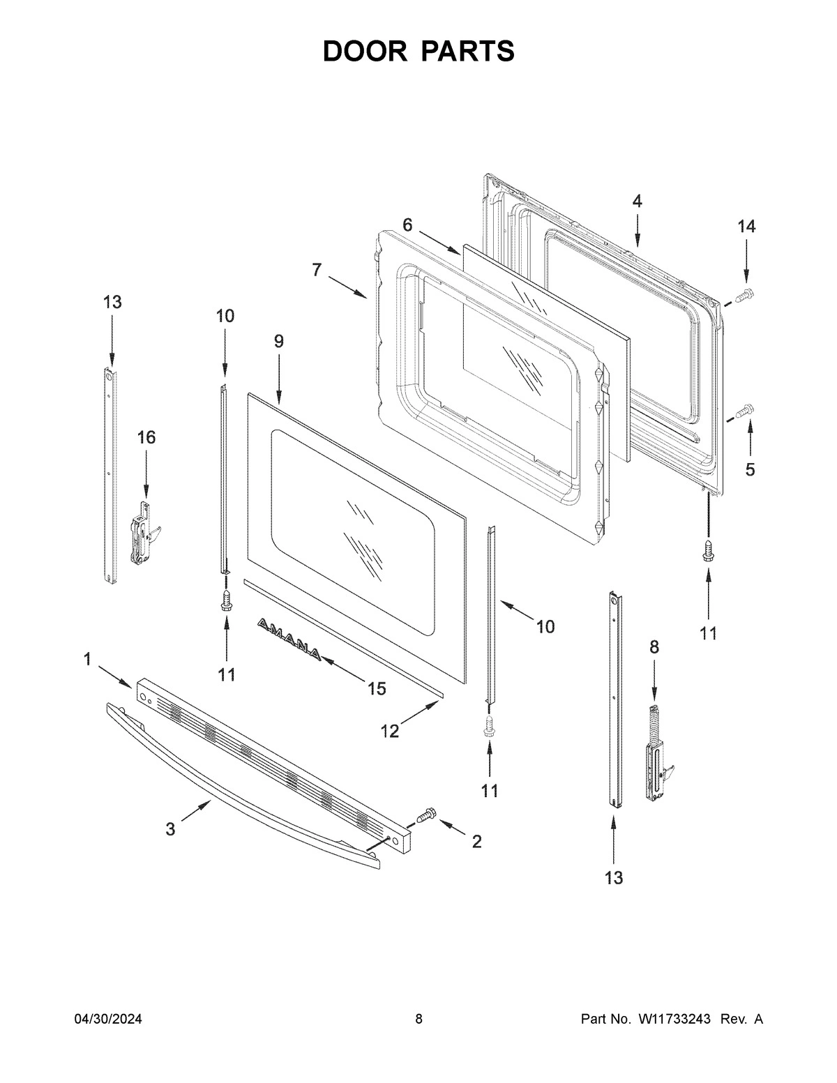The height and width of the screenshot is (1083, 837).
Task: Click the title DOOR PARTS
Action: tap(418, 51)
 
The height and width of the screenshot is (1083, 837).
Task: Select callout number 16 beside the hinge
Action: tap(146, 437)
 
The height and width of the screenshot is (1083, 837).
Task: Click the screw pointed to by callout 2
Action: tap(425, 815)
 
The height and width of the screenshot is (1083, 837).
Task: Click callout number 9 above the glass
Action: tap(279, 342)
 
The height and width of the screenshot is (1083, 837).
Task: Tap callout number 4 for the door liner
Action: tap(637, 202)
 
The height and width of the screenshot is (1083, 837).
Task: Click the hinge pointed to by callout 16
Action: tap(144, 533)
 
